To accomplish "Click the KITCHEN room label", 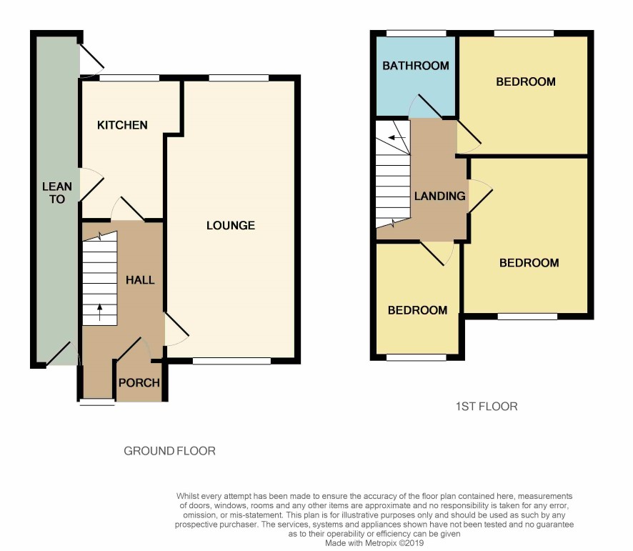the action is (x=122, y=125).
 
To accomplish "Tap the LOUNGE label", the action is (x=231, y=225).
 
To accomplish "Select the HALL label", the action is (x=140, y=280).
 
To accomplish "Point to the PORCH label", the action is (x=139, y=382).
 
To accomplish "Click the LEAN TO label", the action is (x=57, y=193).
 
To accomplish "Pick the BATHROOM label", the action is (x=415, y=66).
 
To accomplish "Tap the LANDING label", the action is (x=439, y=196).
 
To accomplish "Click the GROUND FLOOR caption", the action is (x=169, y=451).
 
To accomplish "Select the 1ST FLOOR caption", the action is (x=487, y=407).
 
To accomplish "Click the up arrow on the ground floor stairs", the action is (x=100, y=312).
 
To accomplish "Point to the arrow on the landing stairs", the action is (x=397, y=138).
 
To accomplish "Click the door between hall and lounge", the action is (x=176, y=329).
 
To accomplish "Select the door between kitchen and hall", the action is (x=128, y=209).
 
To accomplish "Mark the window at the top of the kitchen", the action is (x=129, y=78).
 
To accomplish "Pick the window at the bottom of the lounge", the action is (x=231, y=361).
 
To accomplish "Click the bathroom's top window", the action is (x=417, y=34).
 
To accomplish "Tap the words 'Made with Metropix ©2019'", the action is (x=374, y=543).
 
